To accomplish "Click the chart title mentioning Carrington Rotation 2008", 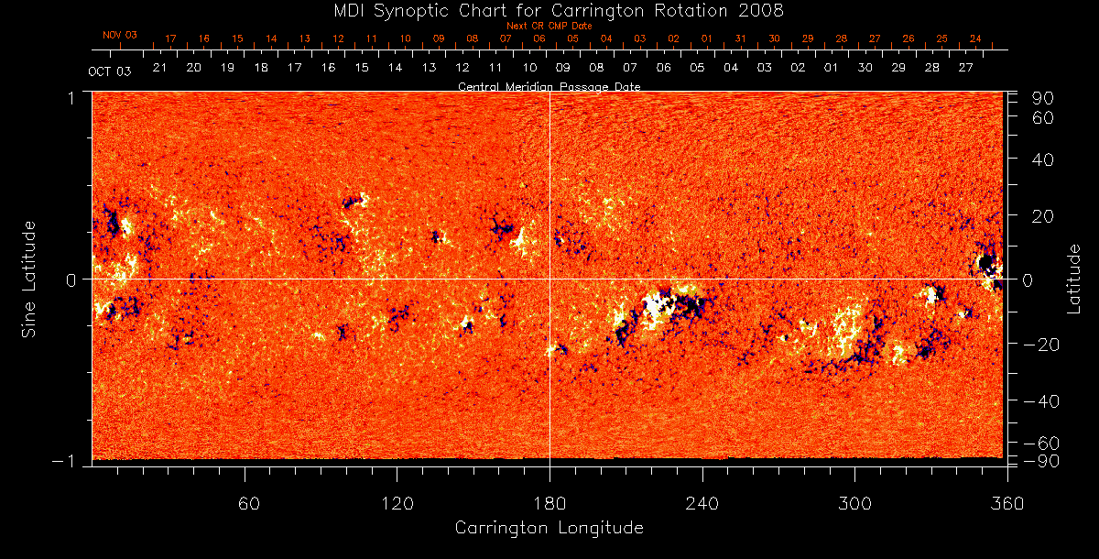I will pyautogui.click(x=549, y=10).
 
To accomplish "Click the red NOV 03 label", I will pyautogui.click(x=120, y=35).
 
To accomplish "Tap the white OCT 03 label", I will pyautogui.click(x=109, y=71).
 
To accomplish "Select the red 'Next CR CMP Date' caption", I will pyautogui.click(x=549, y=26).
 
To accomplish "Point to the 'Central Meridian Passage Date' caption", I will pyautogui.click(x=549, y=86).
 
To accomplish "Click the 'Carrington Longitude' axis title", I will pyautogui.click(x=549, y=528).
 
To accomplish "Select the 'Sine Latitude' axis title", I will pyautogui.click(x=29, y=279).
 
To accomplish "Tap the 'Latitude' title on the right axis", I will pyautogui.click(x=1074, y=279).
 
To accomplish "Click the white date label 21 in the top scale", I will pyautogui.click(x=159, y=68).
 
